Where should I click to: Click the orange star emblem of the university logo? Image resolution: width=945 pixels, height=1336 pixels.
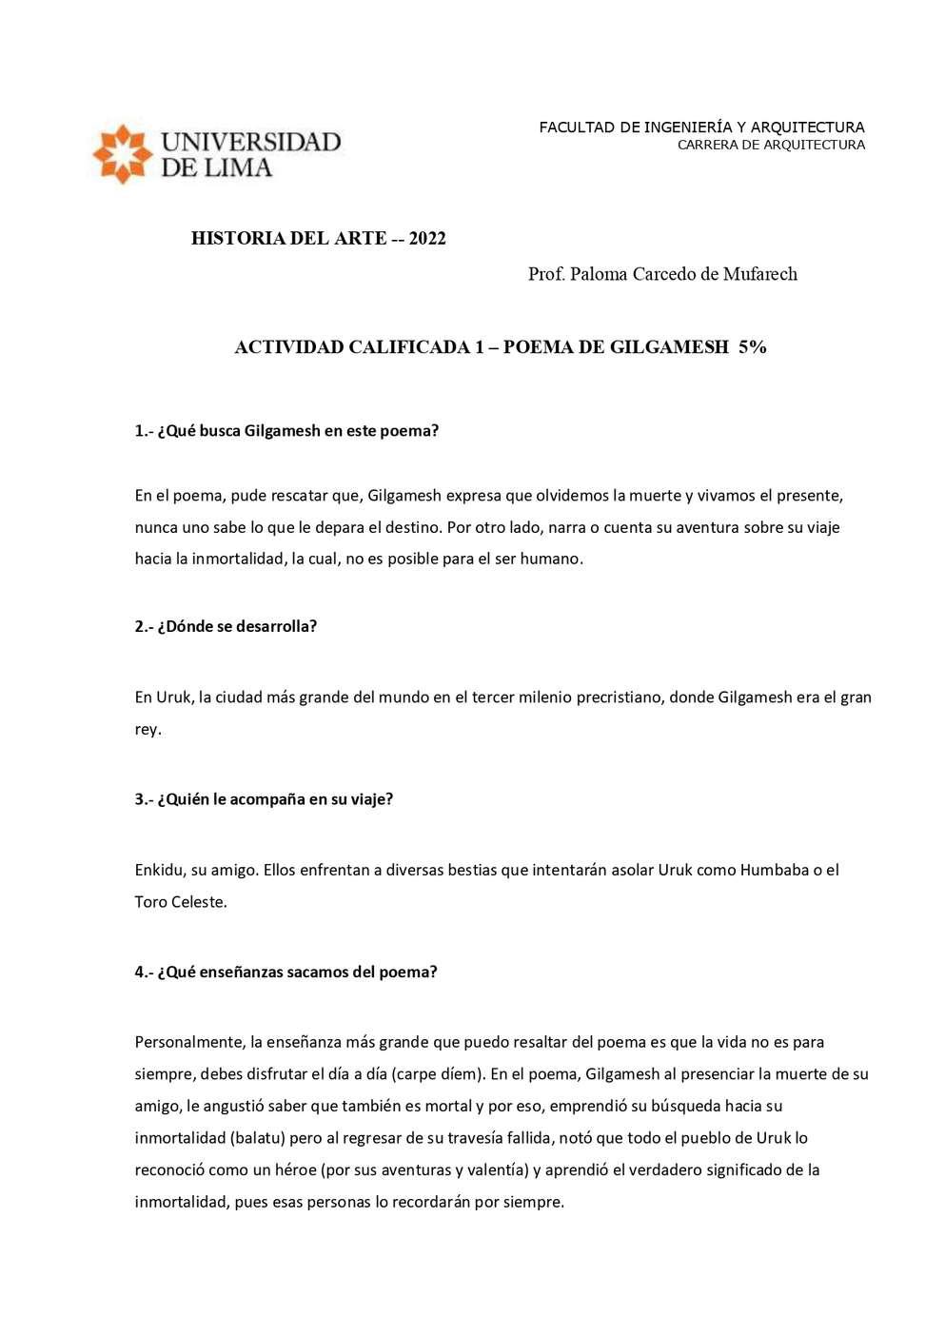click(x=122, y=153)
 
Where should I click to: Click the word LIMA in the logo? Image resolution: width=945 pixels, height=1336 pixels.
click(x=237, y=168)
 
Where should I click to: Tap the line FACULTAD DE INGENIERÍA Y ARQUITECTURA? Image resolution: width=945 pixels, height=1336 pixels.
click(x=701, y=127)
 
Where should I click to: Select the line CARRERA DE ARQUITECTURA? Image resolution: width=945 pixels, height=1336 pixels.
click(x=771, y=145)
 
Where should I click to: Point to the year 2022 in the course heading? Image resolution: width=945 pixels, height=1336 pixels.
click(x=427, y=238)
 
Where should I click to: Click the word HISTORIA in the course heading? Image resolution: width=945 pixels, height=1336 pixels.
click(x=233, y=238)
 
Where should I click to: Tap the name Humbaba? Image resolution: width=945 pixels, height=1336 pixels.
click(x=774, y=869)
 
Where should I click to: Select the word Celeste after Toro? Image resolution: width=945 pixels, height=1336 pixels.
click(x=199, y=901)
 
